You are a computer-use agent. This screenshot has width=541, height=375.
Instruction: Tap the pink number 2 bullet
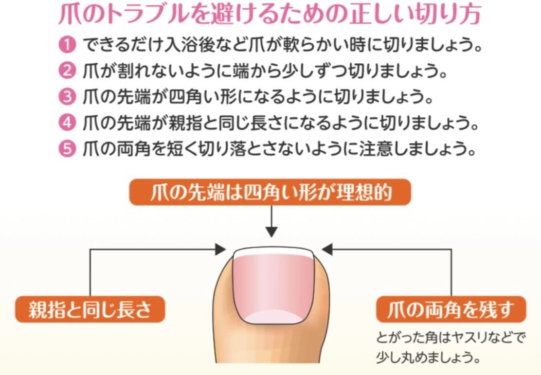coord(67,71)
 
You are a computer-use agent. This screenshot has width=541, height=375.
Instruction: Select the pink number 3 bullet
coord(67,97)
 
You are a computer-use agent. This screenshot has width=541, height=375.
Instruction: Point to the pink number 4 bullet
coord(67,122)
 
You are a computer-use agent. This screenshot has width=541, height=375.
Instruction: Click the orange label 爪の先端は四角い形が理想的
coord(270,193)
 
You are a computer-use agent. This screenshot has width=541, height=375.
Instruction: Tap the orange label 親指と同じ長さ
coord(90,310)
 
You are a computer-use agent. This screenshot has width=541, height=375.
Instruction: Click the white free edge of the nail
coord(272,253)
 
